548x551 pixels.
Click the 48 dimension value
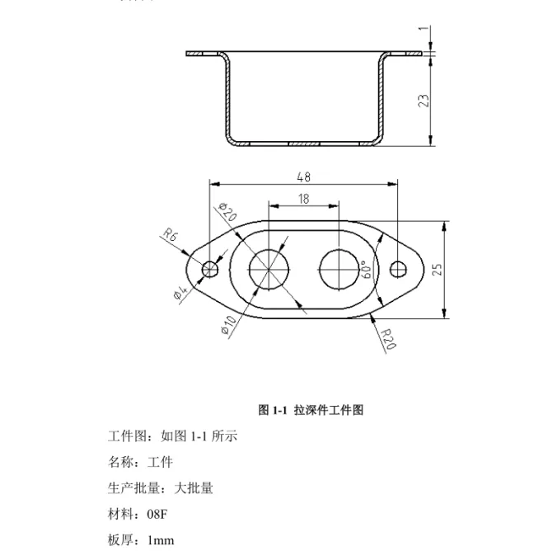(x=303, y=177)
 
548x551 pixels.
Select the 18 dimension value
(x=303, y=199)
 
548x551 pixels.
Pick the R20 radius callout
(x=389, y=338)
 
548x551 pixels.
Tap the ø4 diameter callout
(x=181, y=293)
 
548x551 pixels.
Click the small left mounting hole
(x=209, y=268)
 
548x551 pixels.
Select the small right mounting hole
(x=399, y=268)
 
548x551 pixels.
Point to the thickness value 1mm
(x=161, y=540)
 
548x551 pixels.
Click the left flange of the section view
(x=203, y=54)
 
